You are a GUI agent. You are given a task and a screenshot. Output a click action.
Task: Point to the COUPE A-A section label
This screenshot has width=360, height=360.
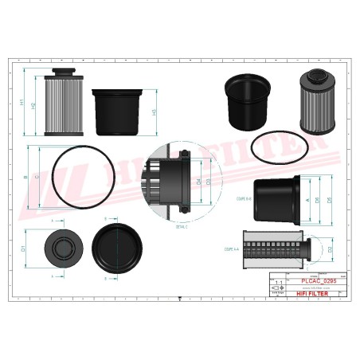(233, 249)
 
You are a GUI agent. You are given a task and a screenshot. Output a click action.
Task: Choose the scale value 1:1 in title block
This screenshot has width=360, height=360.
(276, 282)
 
